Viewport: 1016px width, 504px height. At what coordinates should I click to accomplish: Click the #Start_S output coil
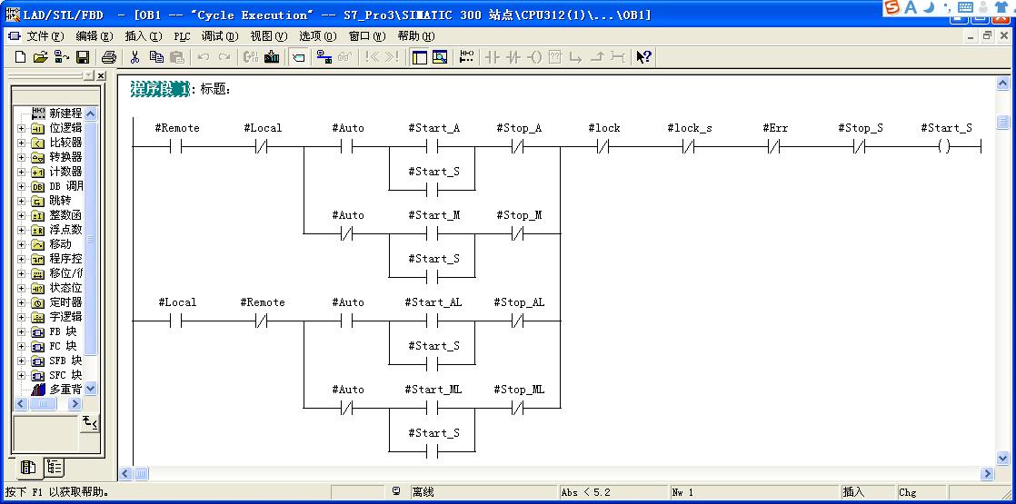[944, 147]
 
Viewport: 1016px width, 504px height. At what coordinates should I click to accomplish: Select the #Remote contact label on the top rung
[177, 128]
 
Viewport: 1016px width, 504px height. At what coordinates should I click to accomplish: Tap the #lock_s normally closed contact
[689, 147]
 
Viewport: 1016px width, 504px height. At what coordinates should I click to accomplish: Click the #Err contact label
[775, 128]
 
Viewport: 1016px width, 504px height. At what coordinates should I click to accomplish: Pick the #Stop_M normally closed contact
[517, 234]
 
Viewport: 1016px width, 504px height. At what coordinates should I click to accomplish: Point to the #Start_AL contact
[433, 321]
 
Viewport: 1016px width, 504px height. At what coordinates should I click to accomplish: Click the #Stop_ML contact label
[519, 390]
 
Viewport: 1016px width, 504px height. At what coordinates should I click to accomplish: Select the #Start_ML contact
[433, 408]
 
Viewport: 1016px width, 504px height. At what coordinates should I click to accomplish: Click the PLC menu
[182, 36]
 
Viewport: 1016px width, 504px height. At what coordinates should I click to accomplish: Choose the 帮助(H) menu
[416, 36]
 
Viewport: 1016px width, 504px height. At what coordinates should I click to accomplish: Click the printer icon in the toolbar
[108, 57]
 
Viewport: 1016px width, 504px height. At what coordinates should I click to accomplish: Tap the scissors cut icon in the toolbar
[134, 57]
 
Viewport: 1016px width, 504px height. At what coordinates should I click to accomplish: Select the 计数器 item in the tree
[66, 171]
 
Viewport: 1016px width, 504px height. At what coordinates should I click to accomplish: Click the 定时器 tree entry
[66, 301]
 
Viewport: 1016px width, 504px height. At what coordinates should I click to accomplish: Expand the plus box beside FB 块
[22, 331]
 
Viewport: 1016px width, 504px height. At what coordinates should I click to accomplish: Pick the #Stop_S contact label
[860, 128]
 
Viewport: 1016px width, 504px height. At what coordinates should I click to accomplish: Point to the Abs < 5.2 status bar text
[586, 492]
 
